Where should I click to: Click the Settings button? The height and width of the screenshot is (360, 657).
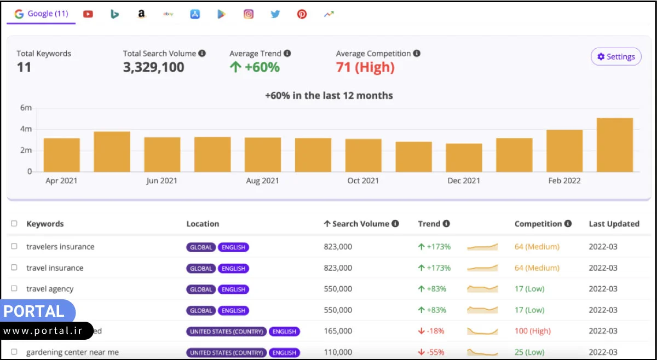point(616,56)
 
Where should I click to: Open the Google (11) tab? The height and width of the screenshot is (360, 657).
point(42,14)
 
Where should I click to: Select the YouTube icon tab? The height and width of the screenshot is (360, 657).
point(88,14)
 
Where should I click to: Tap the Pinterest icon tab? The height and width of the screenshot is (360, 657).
point(302,14)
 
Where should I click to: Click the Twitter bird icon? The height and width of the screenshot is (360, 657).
point(275,14)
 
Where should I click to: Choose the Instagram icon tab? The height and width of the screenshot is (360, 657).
point(249,14)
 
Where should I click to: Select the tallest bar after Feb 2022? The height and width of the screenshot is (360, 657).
point(614,144)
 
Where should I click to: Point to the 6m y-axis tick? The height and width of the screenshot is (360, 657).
point(26,108)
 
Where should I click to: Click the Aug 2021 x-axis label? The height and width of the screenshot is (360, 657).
point(262,181)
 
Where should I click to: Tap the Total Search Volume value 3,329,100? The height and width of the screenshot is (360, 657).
point(153,67)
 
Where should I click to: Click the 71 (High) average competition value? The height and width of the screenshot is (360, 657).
point(365,67)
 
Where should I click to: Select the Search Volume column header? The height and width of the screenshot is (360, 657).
point(361,224)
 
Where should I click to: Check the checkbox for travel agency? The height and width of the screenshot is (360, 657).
point(14,288)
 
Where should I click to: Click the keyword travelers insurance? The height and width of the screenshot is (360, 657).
point(60,247)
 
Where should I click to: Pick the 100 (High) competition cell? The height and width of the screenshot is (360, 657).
point(533,331)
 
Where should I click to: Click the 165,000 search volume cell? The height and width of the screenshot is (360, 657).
point(338,331)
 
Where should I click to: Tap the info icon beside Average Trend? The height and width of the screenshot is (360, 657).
point(287,54)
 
